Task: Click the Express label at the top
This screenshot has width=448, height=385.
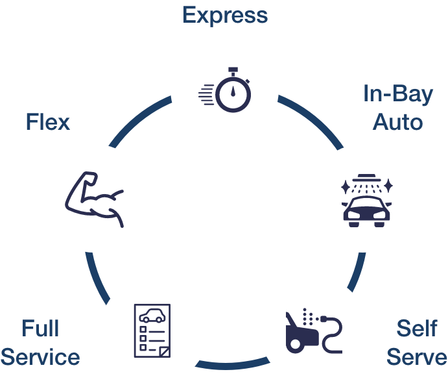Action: pyautogui.click(x=225, y=14)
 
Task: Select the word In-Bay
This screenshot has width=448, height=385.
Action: pyautogui.click(x=397, y=94)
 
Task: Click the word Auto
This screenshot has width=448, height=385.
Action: pyautogui.click(x=398, y=121)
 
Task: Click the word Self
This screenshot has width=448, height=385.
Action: pyautogui.click(x=416, y=329)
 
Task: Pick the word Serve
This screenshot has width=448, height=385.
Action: pyautogui.click(x=416, y=357)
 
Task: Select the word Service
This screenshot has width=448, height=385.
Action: pyautogui.click(x=40, y=357)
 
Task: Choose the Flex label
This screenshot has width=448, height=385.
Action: pyautogui.click(x=48, y=121)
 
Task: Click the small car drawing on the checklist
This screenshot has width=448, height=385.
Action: pyautogui.click(x=152, y=316)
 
